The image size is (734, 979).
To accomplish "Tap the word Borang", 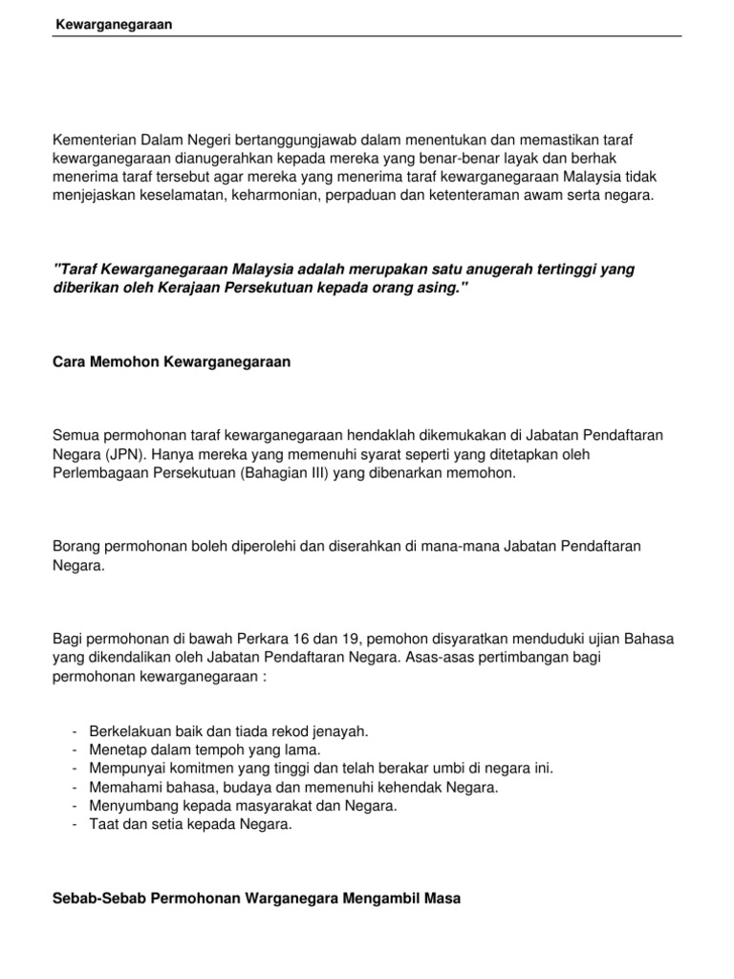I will (x=78, y=546).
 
